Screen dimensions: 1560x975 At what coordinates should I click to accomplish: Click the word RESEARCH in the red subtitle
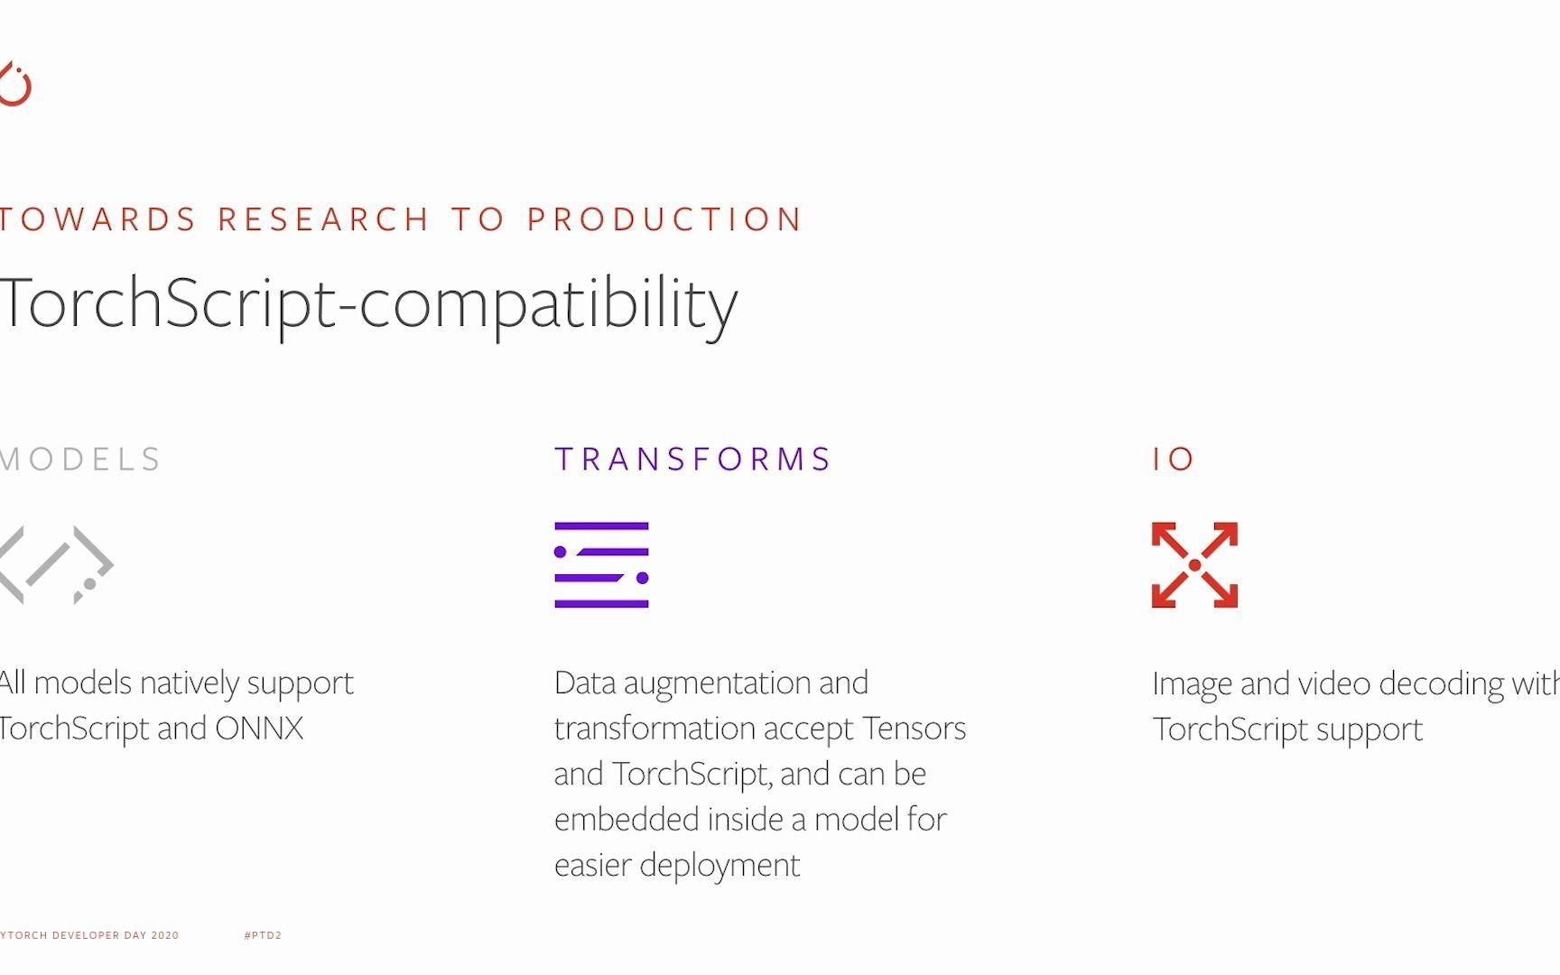coord(323,219)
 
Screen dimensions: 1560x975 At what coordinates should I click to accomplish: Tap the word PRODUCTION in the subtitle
coord(664,219)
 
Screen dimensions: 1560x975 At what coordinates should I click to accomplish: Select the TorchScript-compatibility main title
coord(368,305)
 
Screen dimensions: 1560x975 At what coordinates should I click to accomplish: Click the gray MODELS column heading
coord(80,460)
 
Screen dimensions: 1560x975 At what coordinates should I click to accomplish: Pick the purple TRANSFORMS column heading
coord(692,460)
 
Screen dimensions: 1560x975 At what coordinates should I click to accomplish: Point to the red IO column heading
coord(1174,460)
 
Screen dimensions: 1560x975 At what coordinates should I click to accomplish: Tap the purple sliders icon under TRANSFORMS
coord(601,565)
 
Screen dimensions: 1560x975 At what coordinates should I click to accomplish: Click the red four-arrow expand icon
coord(1194,565)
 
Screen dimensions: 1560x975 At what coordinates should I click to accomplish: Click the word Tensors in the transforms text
coord(915,729)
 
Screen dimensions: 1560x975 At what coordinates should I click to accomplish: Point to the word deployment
coord(720,866)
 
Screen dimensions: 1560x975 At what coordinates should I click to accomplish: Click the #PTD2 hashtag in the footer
coord(263,935)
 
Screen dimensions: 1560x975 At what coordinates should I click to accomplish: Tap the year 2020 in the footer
coord(165,935)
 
